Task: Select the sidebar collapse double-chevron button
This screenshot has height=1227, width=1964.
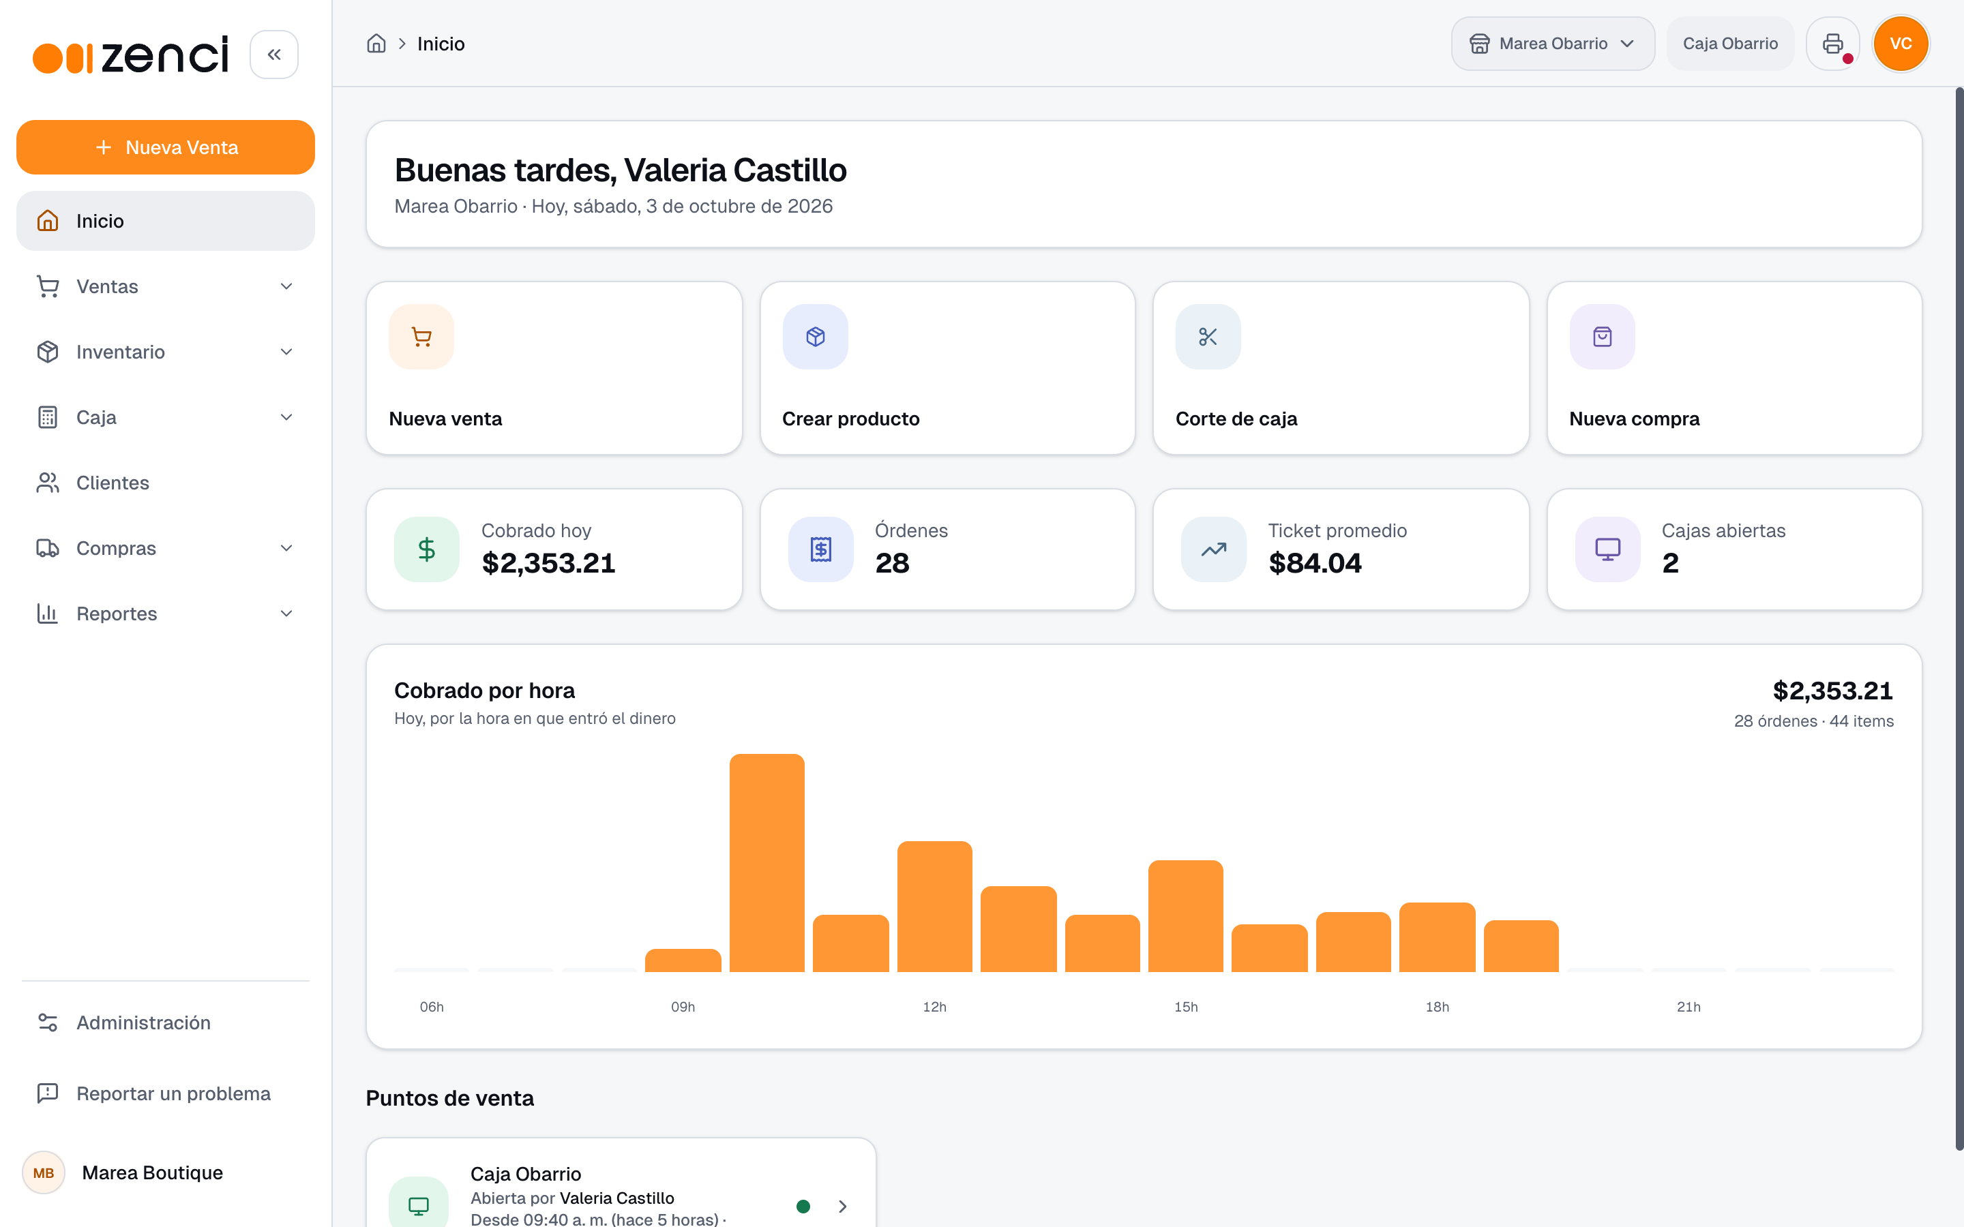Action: coord(274,55)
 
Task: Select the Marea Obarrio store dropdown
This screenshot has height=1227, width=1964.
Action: coord(1553,44)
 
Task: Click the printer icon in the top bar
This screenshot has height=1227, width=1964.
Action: coord(1832,44)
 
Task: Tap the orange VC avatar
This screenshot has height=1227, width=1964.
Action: coord(1901,44)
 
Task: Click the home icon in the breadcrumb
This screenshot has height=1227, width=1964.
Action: coord(376,44)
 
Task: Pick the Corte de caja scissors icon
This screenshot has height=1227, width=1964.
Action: coord(1208,337)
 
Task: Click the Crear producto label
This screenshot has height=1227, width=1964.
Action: coord(850,419)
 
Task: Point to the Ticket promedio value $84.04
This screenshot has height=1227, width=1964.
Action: coord(1315,563)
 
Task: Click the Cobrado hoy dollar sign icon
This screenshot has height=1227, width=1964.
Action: coord(427,549)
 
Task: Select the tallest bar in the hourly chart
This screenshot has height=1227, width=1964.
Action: coord(767,862)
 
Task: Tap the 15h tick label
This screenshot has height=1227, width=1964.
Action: coord(1186,1007)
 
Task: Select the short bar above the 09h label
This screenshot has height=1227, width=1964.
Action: coord(683,960)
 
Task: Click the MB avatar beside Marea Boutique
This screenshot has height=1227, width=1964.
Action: coord(44,1172)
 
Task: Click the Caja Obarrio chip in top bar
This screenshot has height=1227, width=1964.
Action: coord(1730,44)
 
